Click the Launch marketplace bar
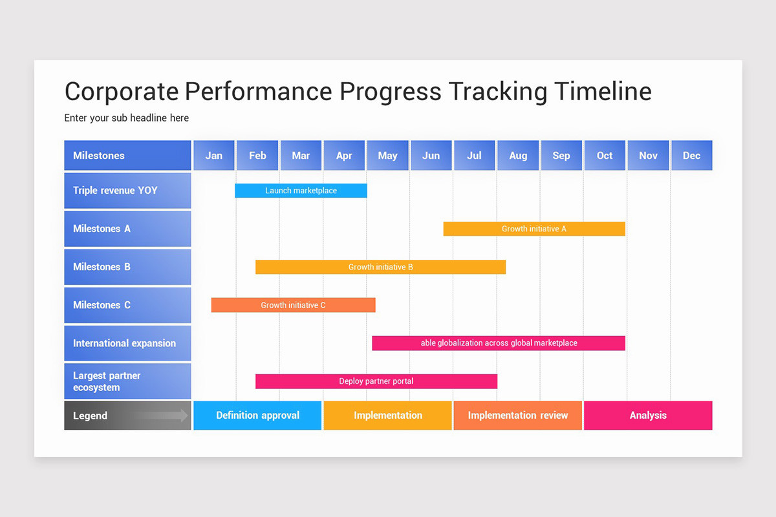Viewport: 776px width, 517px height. tap(301, 191)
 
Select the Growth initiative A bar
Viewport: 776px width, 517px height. tap(534, 229)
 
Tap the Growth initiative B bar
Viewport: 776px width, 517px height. tap(380, 267)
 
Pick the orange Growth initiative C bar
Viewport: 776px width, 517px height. tap(293, 305)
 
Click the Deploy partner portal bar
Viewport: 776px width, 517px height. tap(376, 381)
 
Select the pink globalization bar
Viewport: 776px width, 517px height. tap(499, 343)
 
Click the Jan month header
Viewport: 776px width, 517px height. tap(214, 156)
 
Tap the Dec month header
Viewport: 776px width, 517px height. tap(691, 156)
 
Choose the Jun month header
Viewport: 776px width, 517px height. tap(431, 156)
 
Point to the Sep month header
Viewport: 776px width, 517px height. tap(561, 156)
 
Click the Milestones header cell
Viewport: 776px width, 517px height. tap(127, 156)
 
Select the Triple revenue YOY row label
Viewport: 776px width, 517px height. tap(127, 191)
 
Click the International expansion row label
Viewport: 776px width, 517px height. tap(127, 343)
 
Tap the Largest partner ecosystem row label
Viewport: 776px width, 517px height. tap(127, 381)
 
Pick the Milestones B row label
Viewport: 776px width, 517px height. tap(127, 267)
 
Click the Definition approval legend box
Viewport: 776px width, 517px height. tap(257, 416)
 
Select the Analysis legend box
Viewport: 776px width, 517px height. tap(648, 416)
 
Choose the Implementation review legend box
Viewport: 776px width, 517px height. tap(517, 416)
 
